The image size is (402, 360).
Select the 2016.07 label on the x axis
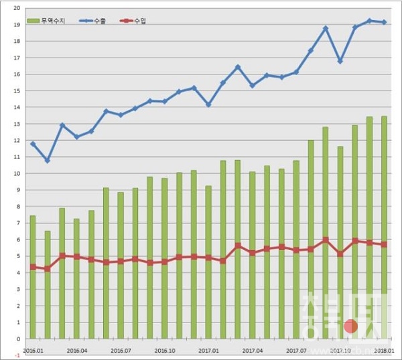coord(121,349)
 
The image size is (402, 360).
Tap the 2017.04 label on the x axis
coord(253,349)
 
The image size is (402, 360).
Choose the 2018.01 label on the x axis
coord(384,349)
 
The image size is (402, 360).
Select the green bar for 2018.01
coord(384,228)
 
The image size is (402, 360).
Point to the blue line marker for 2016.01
coord(32,143)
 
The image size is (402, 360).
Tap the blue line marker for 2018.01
coord(384,22)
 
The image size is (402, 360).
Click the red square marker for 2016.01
coord(32,267)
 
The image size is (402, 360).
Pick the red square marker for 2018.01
coord(384,245)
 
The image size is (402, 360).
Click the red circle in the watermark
coord(350,326)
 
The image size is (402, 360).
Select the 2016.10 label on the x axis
coord(165,349)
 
